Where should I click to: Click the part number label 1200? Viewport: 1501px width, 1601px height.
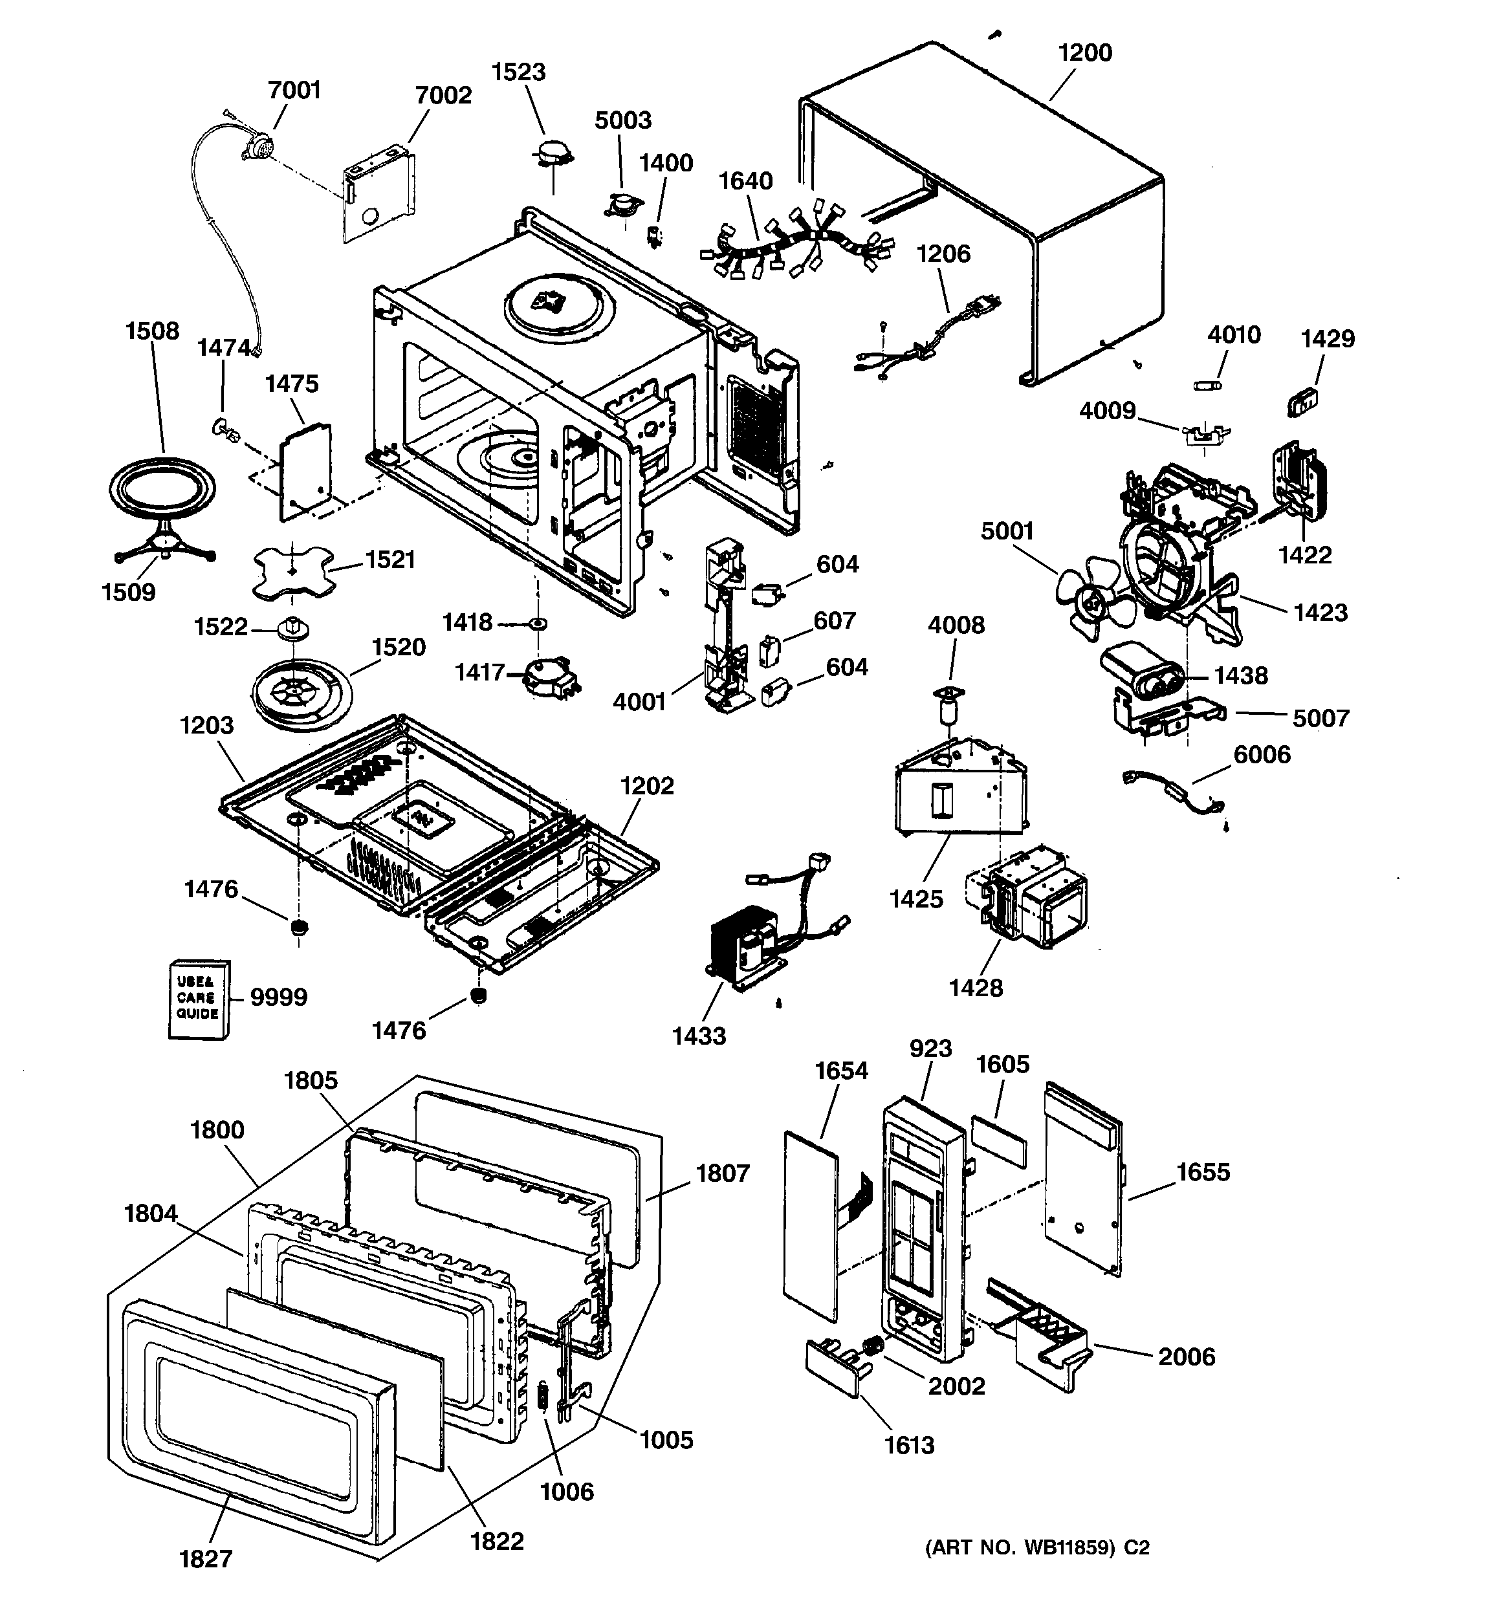(x=1084, y=53)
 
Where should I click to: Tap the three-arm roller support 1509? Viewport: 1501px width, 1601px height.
(x=165, y=541)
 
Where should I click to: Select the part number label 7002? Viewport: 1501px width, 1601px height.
(x=443, y=95)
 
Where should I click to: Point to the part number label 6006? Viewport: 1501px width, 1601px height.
(x=1262, y=755)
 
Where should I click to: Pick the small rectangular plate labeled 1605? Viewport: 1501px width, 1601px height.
(x=999, y=1141)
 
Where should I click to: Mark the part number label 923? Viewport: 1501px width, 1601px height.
(x=930, y=1048)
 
